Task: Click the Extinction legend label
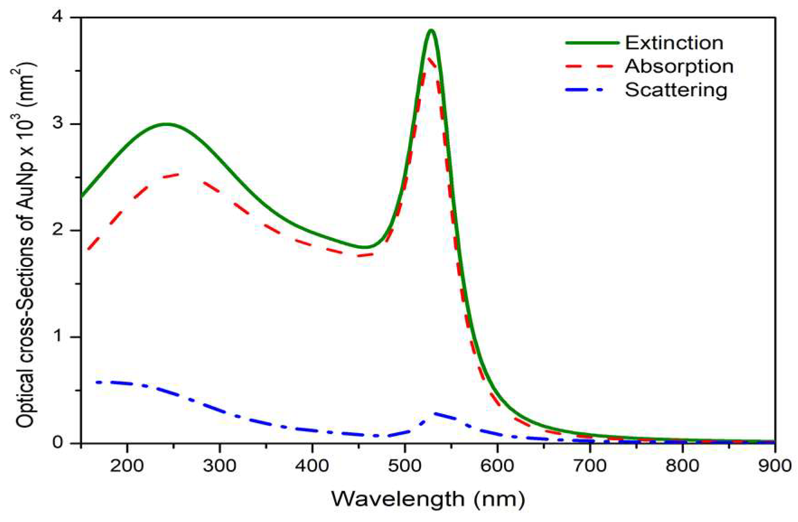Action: pyautogui.click(x=674, y=43)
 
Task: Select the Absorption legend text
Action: pyautogui.click(x=679, y=66)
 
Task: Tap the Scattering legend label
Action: pyautogui.click(x=676, y=90)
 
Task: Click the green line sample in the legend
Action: pyautogui.click(x=592, y=42)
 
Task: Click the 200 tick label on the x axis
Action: pyautogui.click(x=127, y=465)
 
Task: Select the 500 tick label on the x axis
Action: pyautogui.click(x=405, y=465)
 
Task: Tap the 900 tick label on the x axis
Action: pyautogui.click(x=774, y=465)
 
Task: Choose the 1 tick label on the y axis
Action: pyautogui.click(x=57, y=336)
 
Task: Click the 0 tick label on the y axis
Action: pyautogui.click(x=57, y=443)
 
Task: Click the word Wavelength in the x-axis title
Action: pyautogui.click(x=398, y=499)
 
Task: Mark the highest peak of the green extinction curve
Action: pyautogui.click(x=431, y=31)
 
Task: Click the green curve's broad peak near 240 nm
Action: pyautogui.click(x=166, y=124)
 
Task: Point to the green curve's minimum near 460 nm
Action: pyautogui.click(x=366, y=247)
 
